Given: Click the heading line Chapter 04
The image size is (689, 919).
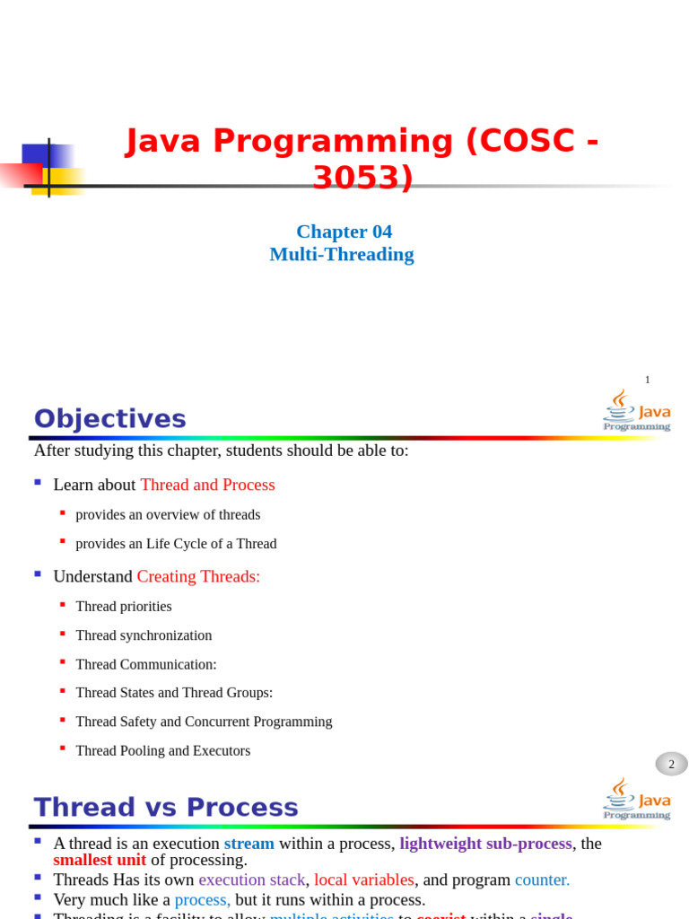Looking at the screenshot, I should tap(344, 232).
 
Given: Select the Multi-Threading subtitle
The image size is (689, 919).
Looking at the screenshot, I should tap(341, 254).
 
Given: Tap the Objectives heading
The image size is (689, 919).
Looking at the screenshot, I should tap(110, 419).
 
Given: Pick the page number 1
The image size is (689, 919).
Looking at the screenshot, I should tap(647, 380).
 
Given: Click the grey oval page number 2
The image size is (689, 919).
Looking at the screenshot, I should tap(671, 764).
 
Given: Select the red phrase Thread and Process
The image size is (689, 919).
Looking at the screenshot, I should tap(207, 485).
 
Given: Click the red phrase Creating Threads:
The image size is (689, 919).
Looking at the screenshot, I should tap(198, 576).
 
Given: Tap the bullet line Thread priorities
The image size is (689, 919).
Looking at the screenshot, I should tap(124, 607).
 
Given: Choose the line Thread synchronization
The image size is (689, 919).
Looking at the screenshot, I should tap(144, 635).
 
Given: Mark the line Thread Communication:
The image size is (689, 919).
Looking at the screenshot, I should tap(146, 664).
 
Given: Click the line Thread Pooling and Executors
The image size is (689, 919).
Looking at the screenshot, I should tap(162, 750).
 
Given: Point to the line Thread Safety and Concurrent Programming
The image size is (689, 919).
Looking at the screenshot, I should tap(204, 722).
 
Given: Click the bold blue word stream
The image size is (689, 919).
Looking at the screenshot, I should tap(249, 844).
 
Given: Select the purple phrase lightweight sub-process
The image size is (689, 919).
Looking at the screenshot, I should tap(485, 844).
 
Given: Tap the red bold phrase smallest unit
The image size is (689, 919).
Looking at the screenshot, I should tap(100, 860).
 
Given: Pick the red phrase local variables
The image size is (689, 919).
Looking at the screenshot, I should tap(363, 880).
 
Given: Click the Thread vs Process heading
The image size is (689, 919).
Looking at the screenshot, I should tap(166, 808).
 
